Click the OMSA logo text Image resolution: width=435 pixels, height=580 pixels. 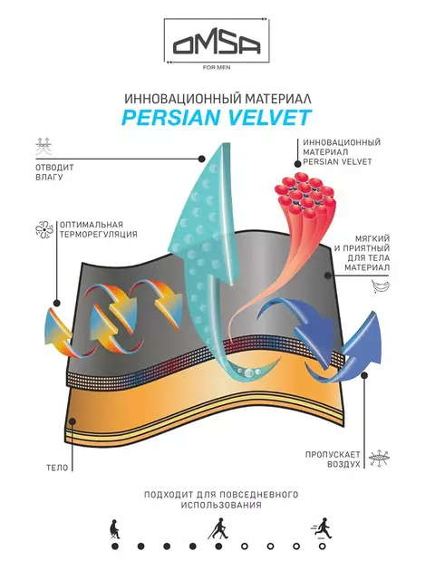point(217,44)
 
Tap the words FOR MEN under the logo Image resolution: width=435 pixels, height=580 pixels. point(217,68)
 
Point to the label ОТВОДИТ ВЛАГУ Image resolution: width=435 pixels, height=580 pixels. point(54,172)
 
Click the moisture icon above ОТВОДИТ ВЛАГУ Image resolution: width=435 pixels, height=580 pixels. point(43,146)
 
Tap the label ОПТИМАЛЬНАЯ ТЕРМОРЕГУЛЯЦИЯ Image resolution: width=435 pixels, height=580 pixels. point(99,229)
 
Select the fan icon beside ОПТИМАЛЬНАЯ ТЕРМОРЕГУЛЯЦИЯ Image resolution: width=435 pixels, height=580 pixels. point(44,229)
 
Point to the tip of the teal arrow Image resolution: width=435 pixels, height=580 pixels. point(221,144)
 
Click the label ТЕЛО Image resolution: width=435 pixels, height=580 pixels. point(57,468)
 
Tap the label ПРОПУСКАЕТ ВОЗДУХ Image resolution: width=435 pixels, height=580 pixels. point(333,459)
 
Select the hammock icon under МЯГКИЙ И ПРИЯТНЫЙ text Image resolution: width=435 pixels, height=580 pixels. point(381,286)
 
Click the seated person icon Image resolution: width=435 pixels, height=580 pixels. point(115,529)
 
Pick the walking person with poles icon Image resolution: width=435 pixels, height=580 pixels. point(218,528)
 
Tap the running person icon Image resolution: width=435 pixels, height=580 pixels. point(322,528)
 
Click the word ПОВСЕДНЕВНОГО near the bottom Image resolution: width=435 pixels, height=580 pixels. point(258,495)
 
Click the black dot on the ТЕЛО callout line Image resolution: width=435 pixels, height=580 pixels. point(72,421)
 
